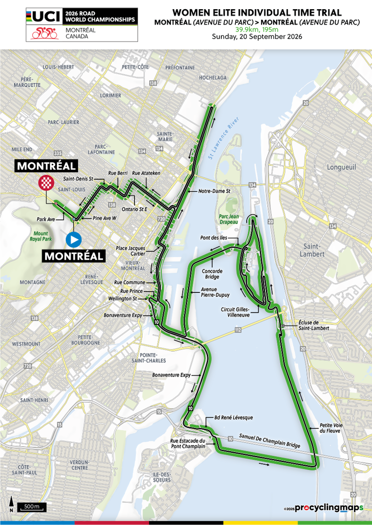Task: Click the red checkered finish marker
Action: tap(46, 183)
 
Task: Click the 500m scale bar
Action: tap(32, 507)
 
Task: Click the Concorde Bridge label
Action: tap(212, 274)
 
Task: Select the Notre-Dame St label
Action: tap(214, 191)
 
